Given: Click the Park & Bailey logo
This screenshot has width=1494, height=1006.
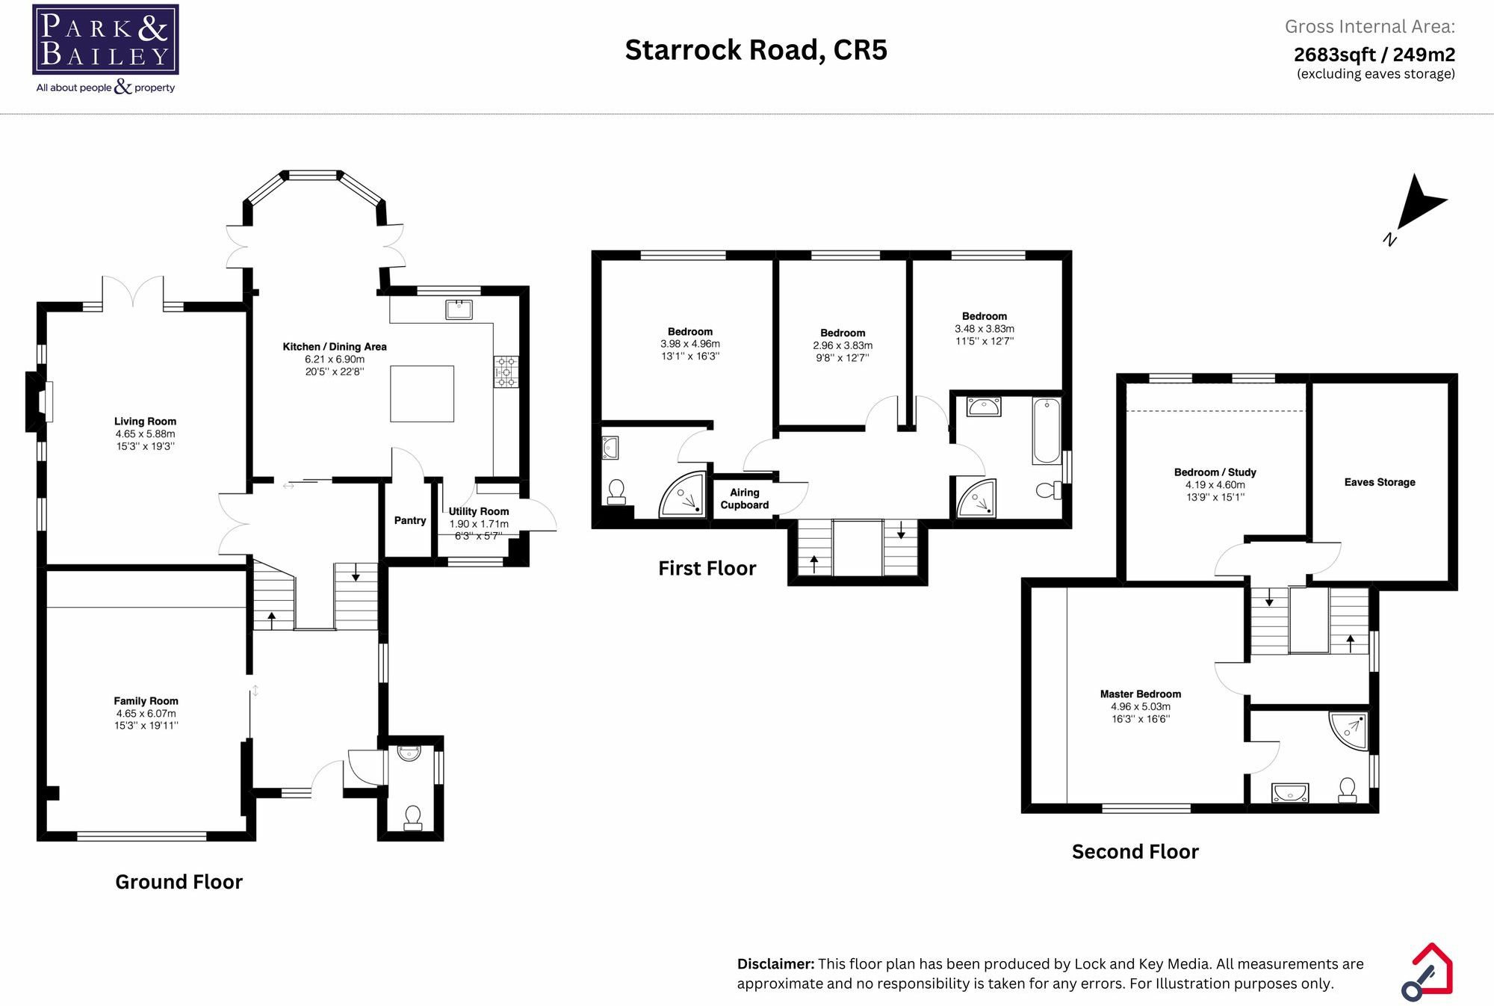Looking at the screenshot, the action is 105,49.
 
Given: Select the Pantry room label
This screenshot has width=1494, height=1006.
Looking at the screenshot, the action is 410,520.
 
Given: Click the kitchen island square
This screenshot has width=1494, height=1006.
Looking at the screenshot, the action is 422,393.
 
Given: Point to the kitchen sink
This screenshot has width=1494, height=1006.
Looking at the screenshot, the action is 459,309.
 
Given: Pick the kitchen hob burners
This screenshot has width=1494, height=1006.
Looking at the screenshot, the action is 506,371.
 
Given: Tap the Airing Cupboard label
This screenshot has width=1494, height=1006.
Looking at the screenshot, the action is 745,499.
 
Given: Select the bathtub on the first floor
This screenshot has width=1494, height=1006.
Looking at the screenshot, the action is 1047,431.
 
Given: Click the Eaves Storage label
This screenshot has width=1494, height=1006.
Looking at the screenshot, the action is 1380,482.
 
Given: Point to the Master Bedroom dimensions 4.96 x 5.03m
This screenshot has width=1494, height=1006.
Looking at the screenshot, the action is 1141,706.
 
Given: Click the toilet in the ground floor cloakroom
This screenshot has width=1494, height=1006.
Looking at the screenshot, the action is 412,817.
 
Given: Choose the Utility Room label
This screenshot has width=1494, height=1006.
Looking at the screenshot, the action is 479,511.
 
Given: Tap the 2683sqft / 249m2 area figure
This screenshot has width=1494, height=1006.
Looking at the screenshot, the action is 1374,55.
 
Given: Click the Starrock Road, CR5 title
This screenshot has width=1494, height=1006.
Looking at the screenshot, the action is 756,50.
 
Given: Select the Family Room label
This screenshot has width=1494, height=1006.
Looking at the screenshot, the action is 146,701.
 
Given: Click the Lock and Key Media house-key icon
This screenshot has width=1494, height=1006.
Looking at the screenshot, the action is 1428,972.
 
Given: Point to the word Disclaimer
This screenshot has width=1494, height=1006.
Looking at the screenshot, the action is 775,964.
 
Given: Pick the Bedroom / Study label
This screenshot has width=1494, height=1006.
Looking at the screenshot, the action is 1215,472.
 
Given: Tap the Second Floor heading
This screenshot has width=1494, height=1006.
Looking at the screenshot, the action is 1135,851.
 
